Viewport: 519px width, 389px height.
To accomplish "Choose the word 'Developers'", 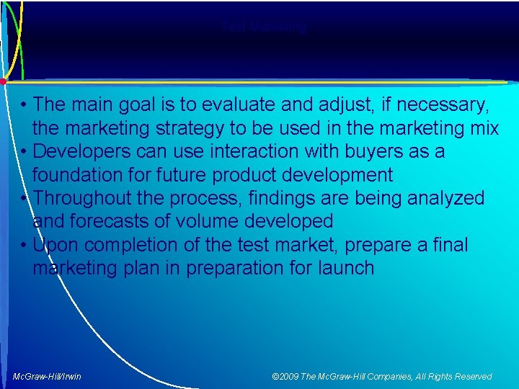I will tap(79, 152).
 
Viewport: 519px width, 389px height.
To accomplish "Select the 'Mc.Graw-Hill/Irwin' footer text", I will tap(47, 376).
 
